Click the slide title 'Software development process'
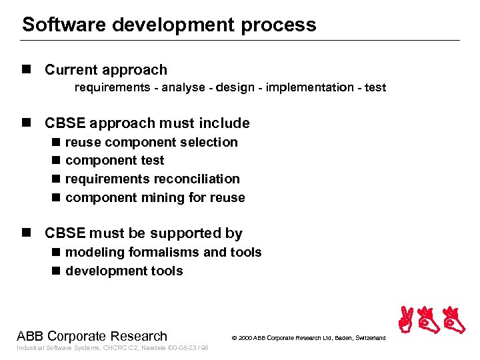pyautogui.click(x=169, y=25)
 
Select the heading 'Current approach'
pyautogui.click(x=105, y=70)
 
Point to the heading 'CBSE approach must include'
pyautogui.click(x=147, y=123)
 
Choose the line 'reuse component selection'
pyautogui.click(x=151, y=142)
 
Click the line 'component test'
pyautogui.click(x=115, y=161)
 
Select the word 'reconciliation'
pyautogui.click(x=197, y=179)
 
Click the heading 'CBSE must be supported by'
pyautogui.click(x=143, y=233)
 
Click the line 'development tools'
pyautogui.click(x=124, y=271)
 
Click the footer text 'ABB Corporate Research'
pyautogui.click(x=92, y=335)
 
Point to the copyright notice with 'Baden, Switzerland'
pyautogui.click(x=308, y=338)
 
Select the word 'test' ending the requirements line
pyautogui.click(x=375, y=87)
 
